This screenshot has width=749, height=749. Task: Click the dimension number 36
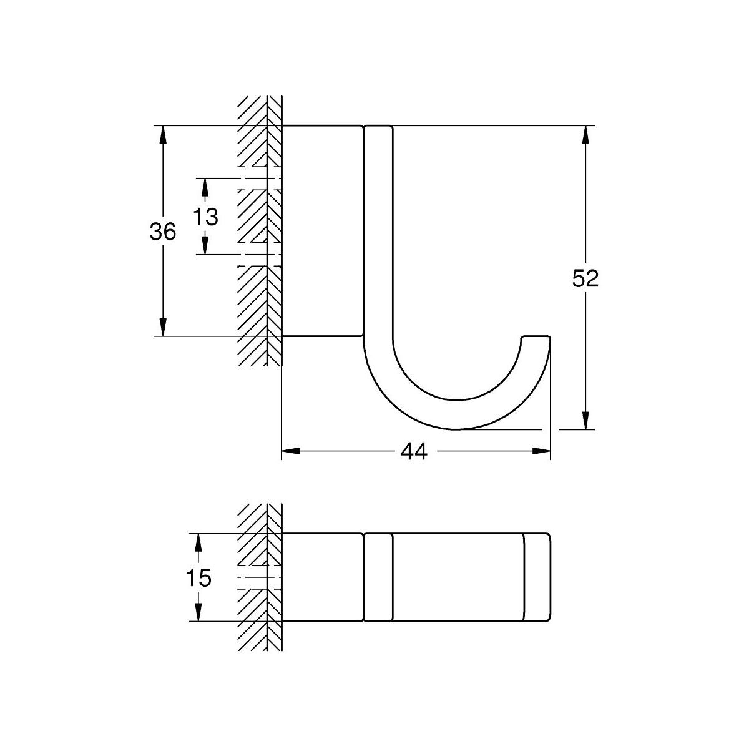pyautogui.click(x=163, y=232)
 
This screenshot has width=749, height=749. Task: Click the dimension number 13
pyautogui.click(x=205, y=217)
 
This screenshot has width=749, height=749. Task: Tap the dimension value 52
pyautogui.click(x=585, y=278)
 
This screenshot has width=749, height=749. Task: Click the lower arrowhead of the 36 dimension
pyautogui.click(x=163, y=326)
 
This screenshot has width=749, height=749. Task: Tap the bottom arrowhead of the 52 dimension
pyautogui.click(x=585, y=420)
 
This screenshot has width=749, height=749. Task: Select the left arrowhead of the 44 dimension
pyautogui.click(x=291, y=451)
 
